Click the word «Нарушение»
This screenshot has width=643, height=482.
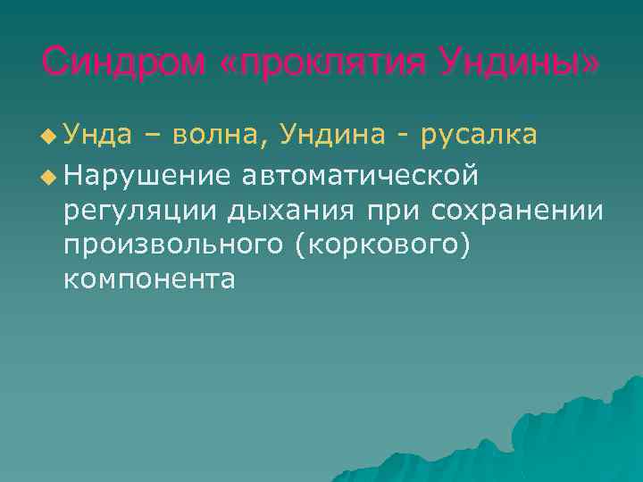click(148, 175)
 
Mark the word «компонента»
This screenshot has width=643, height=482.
click(149, 279)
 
